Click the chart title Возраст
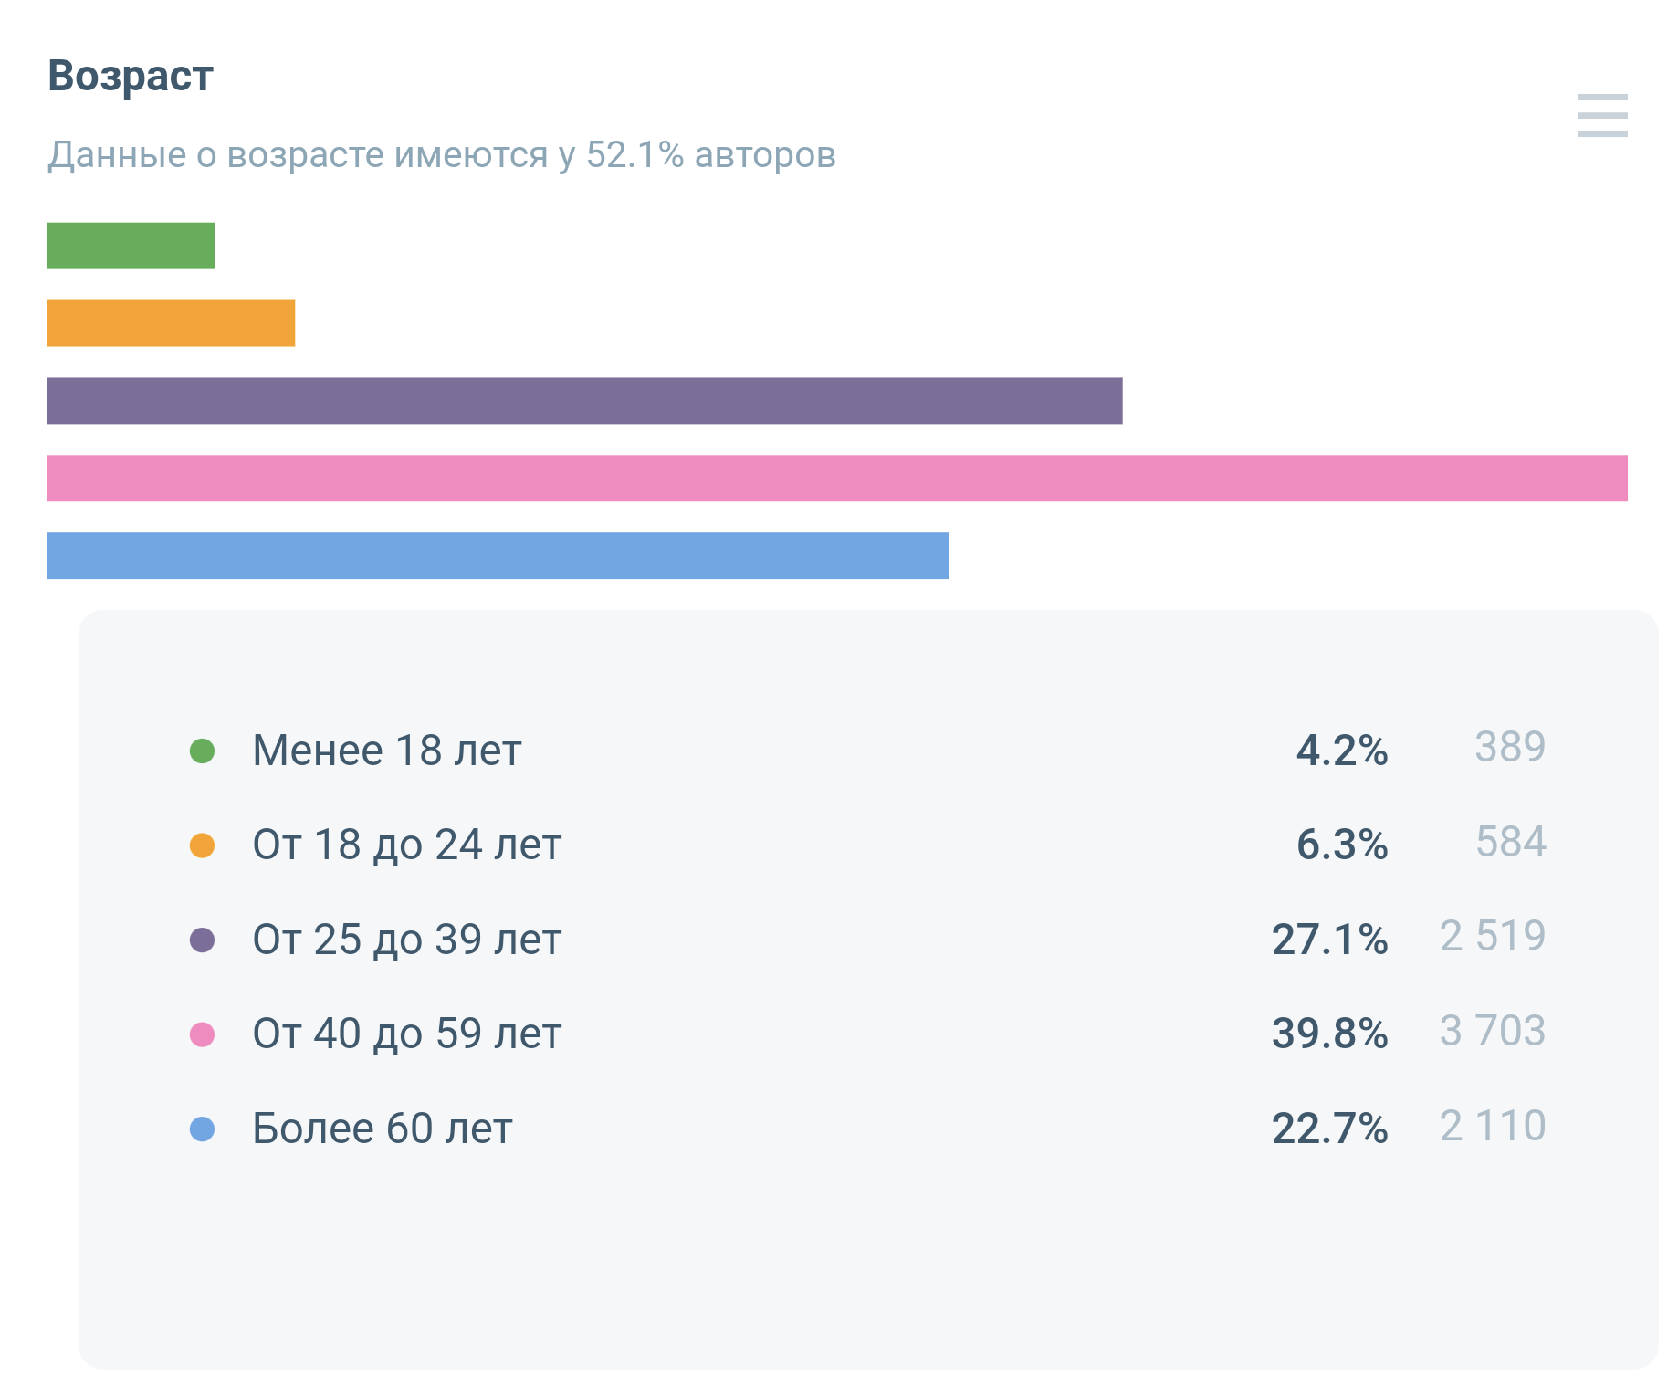pos(131,76)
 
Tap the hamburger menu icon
pos(1602,116)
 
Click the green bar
pos(131,246)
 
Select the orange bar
pos(171,323)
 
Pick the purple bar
pos(584,401)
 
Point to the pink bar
pos(837,478)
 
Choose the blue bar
pos(498,556)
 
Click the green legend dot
pos(202,751)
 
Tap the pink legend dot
pos(202,1034)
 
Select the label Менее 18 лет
pos(386,751)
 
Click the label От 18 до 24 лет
pos(406,845)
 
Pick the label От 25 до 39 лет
pos(406,940)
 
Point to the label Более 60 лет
pos(382,1129)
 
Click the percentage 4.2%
pos(1341,751)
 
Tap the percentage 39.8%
pos(1329,1034)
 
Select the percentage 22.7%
pos(1329,1129)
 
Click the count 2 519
pos(1492,936)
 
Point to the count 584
pos(1510,842)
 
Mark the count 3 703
pos(1492,1031)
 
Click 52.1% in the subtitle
pos(634,155)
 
